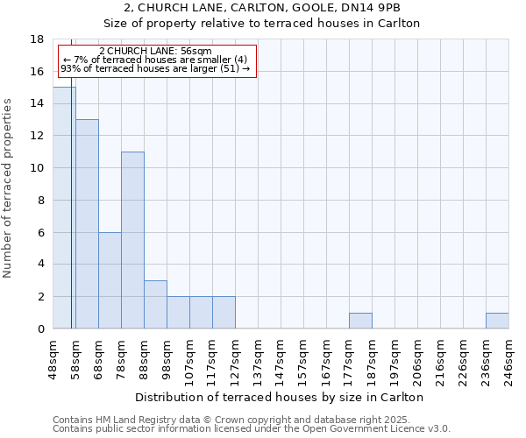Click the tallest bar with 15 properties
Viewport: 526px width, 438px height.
click(64, 208)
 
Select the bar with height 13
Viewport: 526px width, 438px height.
click(87, 223)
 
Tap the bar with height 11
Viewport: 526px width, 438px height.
click(132, 240)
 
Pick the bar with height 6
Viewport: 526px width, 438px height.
click(110, 280)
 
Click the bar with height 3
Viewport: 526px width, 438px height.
click(155, 304)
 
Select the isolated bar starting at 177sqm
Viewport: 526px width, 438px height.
click(360, 321)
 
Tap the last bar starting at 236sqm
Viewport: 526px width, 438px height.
click(497, 321)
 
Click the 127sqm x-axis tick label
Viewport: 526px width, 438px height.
click(236, 359)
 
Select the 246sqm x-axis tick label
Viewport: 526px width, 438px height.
click(509, 359)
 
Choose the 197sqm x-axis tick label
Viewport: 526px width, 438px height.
click(395, 359)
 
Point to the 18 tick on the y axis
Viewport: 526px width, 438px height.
click(37, 39)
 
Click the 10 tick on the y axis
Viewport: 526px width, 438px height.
click(37, 168)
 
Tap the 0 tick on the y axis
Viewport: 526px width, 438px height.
click(40, 329)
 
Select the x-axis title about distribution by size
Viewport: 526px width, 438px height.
click(281, 397)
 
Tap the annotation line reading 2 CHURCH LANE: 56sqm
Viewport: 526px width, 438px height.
click(156, 52)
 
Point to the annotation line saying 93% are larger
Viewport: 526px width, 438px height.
click(156, 68)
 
